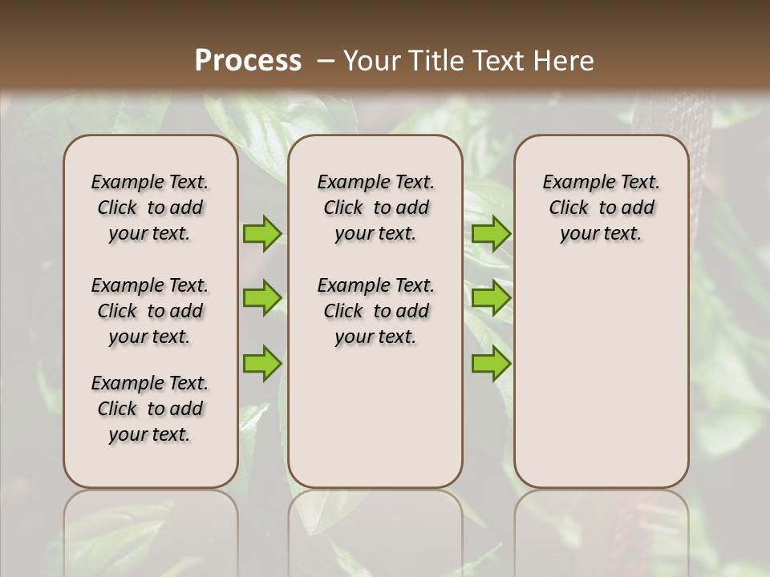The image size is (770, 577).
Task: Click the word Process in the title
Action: tap(248, 61)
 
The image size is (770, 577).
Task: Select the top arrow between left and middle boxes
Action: tap(262, 233)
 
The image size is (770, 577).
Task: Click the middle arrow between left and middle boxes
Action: tap(262, 298)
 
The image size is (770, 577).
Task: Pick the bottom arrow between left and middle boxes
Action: tap(262, 363)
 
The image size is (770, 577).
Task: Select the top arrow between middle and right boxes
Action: tap(491, 233)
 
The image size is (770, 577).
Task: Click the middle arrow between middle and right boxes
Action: tap(491, 298)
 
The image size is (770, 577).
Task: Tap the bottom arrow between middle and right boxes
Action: tap(491, 363)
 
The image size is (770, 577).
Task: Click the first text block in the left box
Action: tap(150, 208)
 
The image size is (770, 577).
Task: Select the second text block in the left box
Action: tap(150, 311)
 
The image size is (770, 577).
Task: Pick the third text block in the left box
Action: tap(150, 409)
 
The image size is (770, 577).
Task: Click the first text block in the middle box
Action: tap(375, 208)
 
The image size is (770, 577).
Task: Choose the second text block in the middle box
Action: tap(375, 311)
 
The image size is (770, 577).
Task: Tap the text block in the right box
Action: tap(601, 208)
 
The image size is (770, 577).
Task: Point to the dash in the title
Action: tap(326, 61)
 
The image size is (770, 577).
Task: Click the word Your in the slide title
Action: tap(372, 61)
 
